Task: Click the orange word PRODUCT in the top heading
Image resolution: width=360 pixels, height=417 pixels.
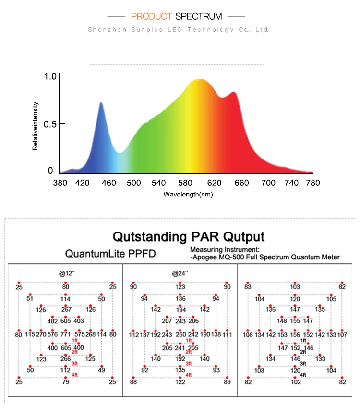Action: pyautogui.click(x=151, y=17)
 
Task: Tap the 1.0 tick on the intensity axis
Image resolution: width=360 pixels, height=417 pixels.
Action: pyautogui.click(x=50, y=76)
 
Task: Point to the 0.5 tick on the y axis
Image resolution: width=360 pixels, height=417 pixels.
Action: pyautogui.click(x=50, y=124)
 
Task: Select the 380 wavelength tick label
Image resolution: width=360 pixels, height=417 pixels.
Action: pyautogui.click(x=60, y=183)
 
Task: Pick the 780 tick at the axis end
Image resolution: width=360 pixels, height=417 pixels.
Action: pyautogui.click(x=312, y=183)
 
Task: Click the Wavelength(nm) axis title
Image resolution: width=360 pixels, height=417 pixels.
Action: pyautogui.click(x=188, y=195)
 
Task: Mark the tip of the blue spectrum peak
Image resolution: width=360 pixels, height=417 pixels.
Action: pyautogui.click(x=101, y=102)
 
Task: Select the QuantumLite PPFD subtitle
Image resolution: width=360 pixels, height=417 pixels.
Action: pyautogui.click(x=110, y=254)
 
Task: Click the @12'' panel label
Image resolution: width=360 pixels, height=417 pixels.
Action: pyautogui.click(x=67, y=273)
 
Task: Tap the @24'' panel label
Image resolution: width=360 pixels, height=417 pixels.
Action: pyautogui.click(x=180, y=273)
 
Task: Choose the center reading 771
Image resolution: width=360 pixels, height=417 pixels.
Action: pyautogui.click(x=65, y=334)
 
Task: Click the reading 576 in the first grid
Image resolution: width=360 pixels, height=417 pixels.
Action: pyautogui.click(x=53, y=334)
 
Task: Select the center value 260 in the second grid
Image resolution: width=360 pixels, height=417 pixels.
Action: pyautogui.click(x=180, y=334)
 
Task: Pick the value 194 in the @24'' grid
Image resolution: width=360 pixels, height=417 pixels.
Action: pyautogui.click(x=180, y=310)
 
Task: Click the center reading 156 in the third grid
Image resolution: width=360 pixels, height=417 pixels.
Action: pyautogui.click(x=295, y=335)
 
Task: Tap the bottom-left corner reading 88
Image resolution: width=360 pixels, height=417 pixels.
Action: pyautogui.click(x=133, y=382)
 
